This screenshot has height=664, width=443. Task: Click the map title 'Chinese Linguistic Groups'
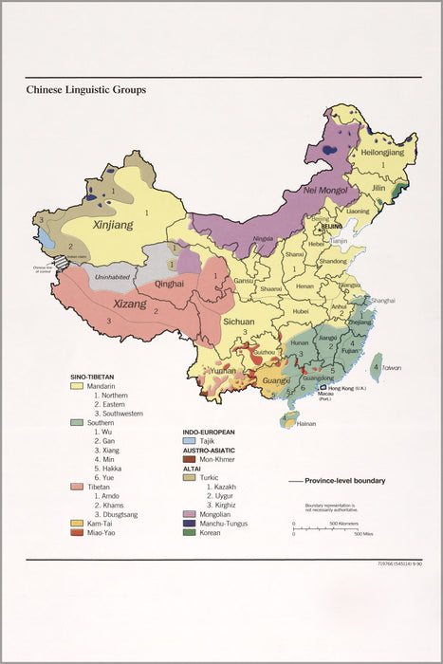pos(86,90)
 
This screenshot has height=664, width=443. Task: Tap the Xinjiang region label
pos(113,226)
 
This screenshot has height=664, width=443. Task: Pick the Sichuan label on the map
pos(239,322)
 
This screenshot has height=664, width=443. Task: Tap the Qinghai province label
pos(170,283)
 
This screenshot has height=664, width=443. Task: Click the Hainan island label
pos(305,423)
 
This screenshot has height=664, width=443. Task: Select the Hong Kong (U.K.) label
pos(351,388)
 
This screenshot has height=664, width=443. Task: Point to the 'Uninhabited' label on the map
pos(113,277)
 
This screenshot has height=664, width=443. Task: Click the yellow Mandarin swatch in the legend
pos(76,387)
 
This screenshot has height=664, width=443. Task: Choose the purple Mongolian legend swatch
pos(190,512)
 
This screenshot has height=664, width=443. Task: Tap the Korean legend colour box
pos(190,533)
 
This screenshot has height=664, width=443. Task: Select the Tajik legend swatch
pos(190,442)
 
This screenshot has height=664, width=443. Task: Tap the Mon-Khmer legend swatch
pos(190,459)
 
